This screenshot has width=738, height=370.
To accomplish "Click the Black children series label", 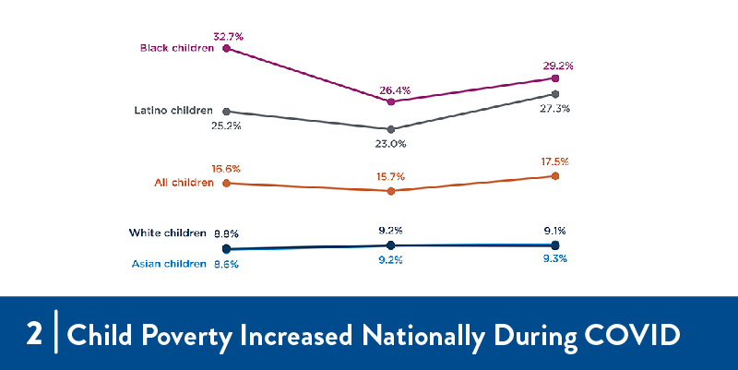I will pos(176,47).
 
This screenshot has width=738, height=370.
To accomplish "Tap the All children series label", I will pos(183,183).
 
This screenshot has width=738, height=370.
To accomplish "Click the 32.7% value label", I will pos(228,36).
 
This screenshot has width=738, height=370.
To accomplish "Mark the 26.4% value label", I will pos(395,90).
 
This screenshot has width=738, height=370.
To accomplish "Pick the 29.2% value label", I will pos(559,66).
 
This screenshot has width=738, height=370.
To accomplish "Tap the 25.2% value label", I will pos(225,125).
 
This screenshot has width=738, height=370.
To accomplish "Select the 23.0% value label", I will pos(390,143).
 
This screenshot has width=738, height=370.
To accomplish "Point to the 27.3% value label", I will pos(554,108).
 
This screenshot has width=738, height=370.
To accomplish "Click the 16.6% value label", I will pos(226,169).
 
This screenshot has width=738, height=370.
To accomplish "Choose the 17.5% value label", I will pos(554,161).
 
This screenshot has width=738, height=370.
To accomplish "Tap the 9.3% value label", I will pos(554,259).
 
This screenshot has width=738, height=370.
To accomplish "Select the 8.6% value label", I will pos(226,264).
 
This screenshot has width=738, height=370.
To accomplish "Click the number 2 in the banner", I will pos(34,334).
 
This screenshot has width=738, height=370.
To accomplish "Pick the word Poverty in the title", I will pos(183,334).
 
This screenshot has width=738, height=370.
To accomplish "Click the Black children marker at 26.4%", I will pos(391,101).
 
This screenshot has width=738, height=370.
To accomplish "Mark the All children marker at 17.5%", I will pos(555,175).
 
